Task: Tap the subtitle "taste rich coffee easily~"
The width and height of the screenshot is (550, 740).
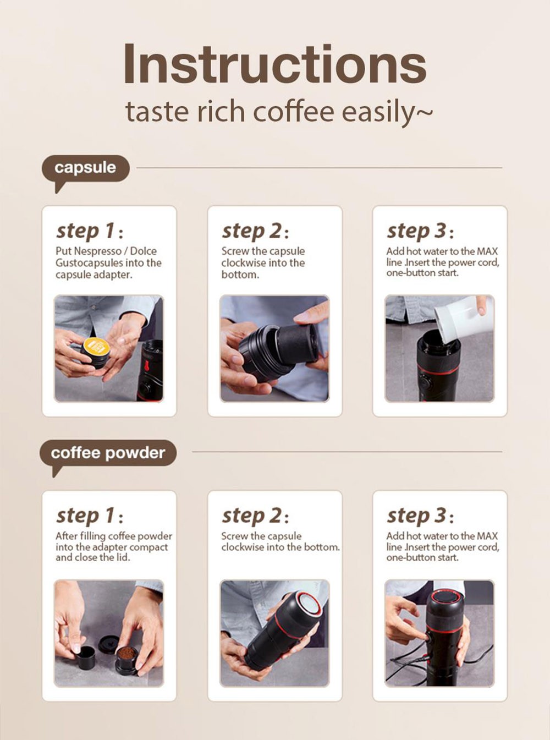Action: (278, 112)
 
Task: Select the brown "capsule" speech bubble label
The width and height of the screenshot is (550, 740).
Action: (85, 168)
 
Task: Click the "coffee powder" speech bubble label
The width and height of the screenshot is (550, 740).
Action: (108, 453)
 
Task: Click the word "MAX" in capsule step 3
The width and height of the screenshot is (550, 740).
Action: (487, 251)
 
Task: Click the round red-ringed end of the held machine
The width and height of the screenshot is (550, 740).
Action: (309, 605)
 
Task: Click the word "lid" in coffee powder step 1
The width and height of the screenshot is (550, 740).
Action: (122, 557)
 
